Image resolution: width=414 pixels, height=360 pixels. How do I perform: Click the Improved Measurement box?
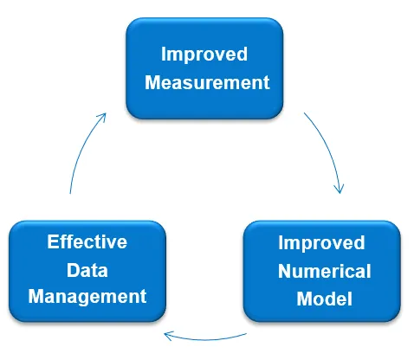tap(204, 68)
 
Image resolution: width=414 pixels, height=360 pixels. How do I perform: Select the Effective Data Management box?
tap(87, 271)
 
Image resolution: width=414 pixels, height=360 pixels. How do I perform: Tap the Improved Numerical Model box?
tap(322, 271)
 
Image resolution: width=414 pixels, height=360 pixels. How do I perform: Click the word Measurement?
tap(207, 82)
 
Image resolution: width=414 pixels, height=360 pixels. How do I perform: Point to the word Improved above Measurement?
tap(204, 55)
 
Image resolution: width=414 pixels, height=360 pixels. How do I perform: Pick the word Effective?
tap(87, 241)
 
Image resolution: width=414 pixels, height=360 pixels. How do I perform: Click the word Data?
tap(87, 270)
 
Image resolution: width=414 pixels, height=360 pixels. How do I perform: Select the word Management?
tap(87, 297)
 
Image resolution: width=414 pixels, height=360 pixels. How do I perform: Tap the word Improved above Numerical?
tap(321, 243)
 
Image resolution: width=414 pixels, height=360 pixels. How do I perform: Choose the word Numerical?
tap(325, 271)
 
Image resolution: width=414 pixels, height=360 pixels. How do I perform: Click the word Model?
tap(325, 299)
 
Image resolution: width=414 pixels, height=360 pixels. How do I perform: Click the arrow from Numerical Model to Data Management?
tap(205, 339)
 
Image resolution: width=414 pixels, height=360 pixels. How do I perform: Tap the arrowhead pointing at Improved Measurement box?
tap(102, 116)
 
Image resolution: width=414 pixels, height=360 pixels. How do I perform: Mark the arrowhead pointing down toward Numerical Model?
tap(340, 188)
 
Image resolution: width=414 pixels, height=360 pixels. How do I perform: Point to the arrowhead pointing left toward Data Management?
tap(168, 336)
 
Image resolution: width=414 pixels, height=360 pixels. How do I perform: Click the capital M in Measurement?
tap(152, 82)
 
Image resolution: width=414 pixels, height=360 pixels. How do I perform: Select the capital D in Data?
tap(73, 270)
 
